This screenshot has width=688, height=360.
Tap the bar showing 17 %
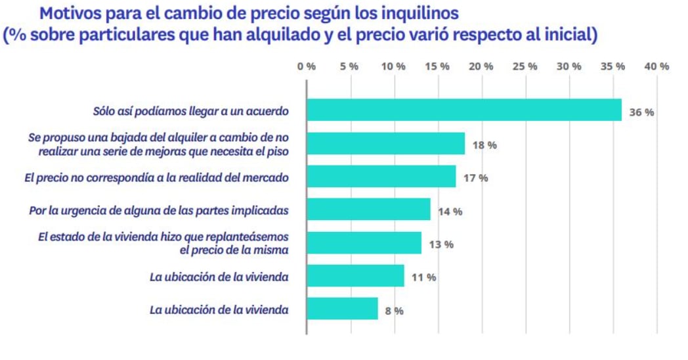tap(381, 177)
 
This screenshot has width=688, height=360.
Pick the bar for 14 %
tap(368, 210)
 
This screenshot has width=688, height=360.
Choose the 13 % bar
tap(364, 243)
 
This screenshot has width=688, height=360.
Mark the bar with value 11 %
tap(355, 276)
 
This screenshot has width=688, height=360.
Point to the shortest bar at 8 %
tap(342, 309)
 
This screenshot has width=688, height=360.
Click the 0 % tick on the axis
tap(307, 66)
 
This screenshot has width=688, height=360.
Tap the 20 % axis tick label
tap(481, 66)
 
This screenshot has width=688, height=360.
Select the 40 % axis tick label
tap(656, 66)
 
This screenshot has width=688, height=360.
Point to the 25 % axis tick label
tap(525, 66)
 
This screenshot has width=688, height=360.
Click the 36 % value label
tap(641, 112)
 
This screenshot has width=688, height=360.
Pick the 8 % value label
tap(394, 311)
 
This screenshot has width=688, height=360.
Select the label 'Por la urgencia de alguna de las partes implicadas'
tap(159, 210)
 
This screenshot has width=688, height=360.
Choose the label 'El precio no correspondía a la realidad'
tap(158, 177)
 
